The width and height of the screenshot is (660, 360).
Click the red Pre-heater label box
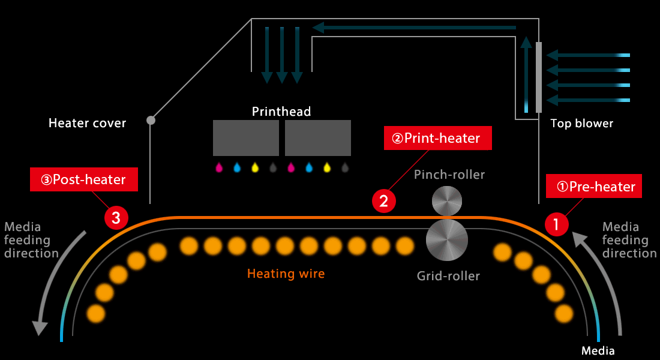(x=594, y=186)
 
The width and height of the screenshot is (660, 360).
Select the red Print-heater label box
(x=438, y=138)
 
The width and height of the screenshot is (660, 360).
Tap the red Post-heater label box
(x=84, y=179)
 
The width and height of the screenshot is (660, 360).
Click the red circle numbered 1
(x=556, y=224)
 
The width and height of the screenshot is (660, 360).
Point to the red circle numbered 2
(x=383, y=201)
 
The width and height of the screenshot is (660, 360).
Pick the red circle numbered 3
(x=116, y=218)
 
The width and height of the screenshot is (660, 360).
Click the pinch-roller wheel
(x=447, y=201)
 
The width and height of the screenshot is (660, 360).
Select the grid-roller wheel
(x=446, y=240)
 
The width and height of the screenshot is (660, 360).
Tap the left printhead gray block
(x=246, y=138)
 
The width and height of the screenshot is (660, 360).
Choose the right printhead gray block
(x=318, y=138)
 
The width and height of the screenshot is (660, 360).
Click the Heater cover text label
(x=87, y=123)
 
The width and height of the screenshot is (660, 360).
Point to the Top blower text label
(x=582, y=124)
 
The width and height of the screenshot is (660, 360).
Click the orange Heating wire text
(x=286, y=274)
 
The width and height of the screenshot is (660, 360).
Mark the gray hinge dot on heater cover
(x=151, y=121)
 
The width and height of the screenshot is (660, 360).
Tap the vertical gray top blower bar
(x=539, y=77)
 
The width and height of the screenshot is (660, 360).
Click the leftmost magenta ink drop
(x=219, y=168)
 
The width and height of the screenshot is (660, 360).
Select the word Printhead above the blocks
(x=281, y=112)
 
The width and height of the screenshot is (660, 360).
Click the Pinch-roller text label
(x=449, y=175)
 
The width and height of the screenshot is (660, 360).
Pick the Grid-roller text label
(x=448, y=276)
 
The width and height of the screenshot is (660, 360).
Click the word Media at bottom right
(x=598, y=351)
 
